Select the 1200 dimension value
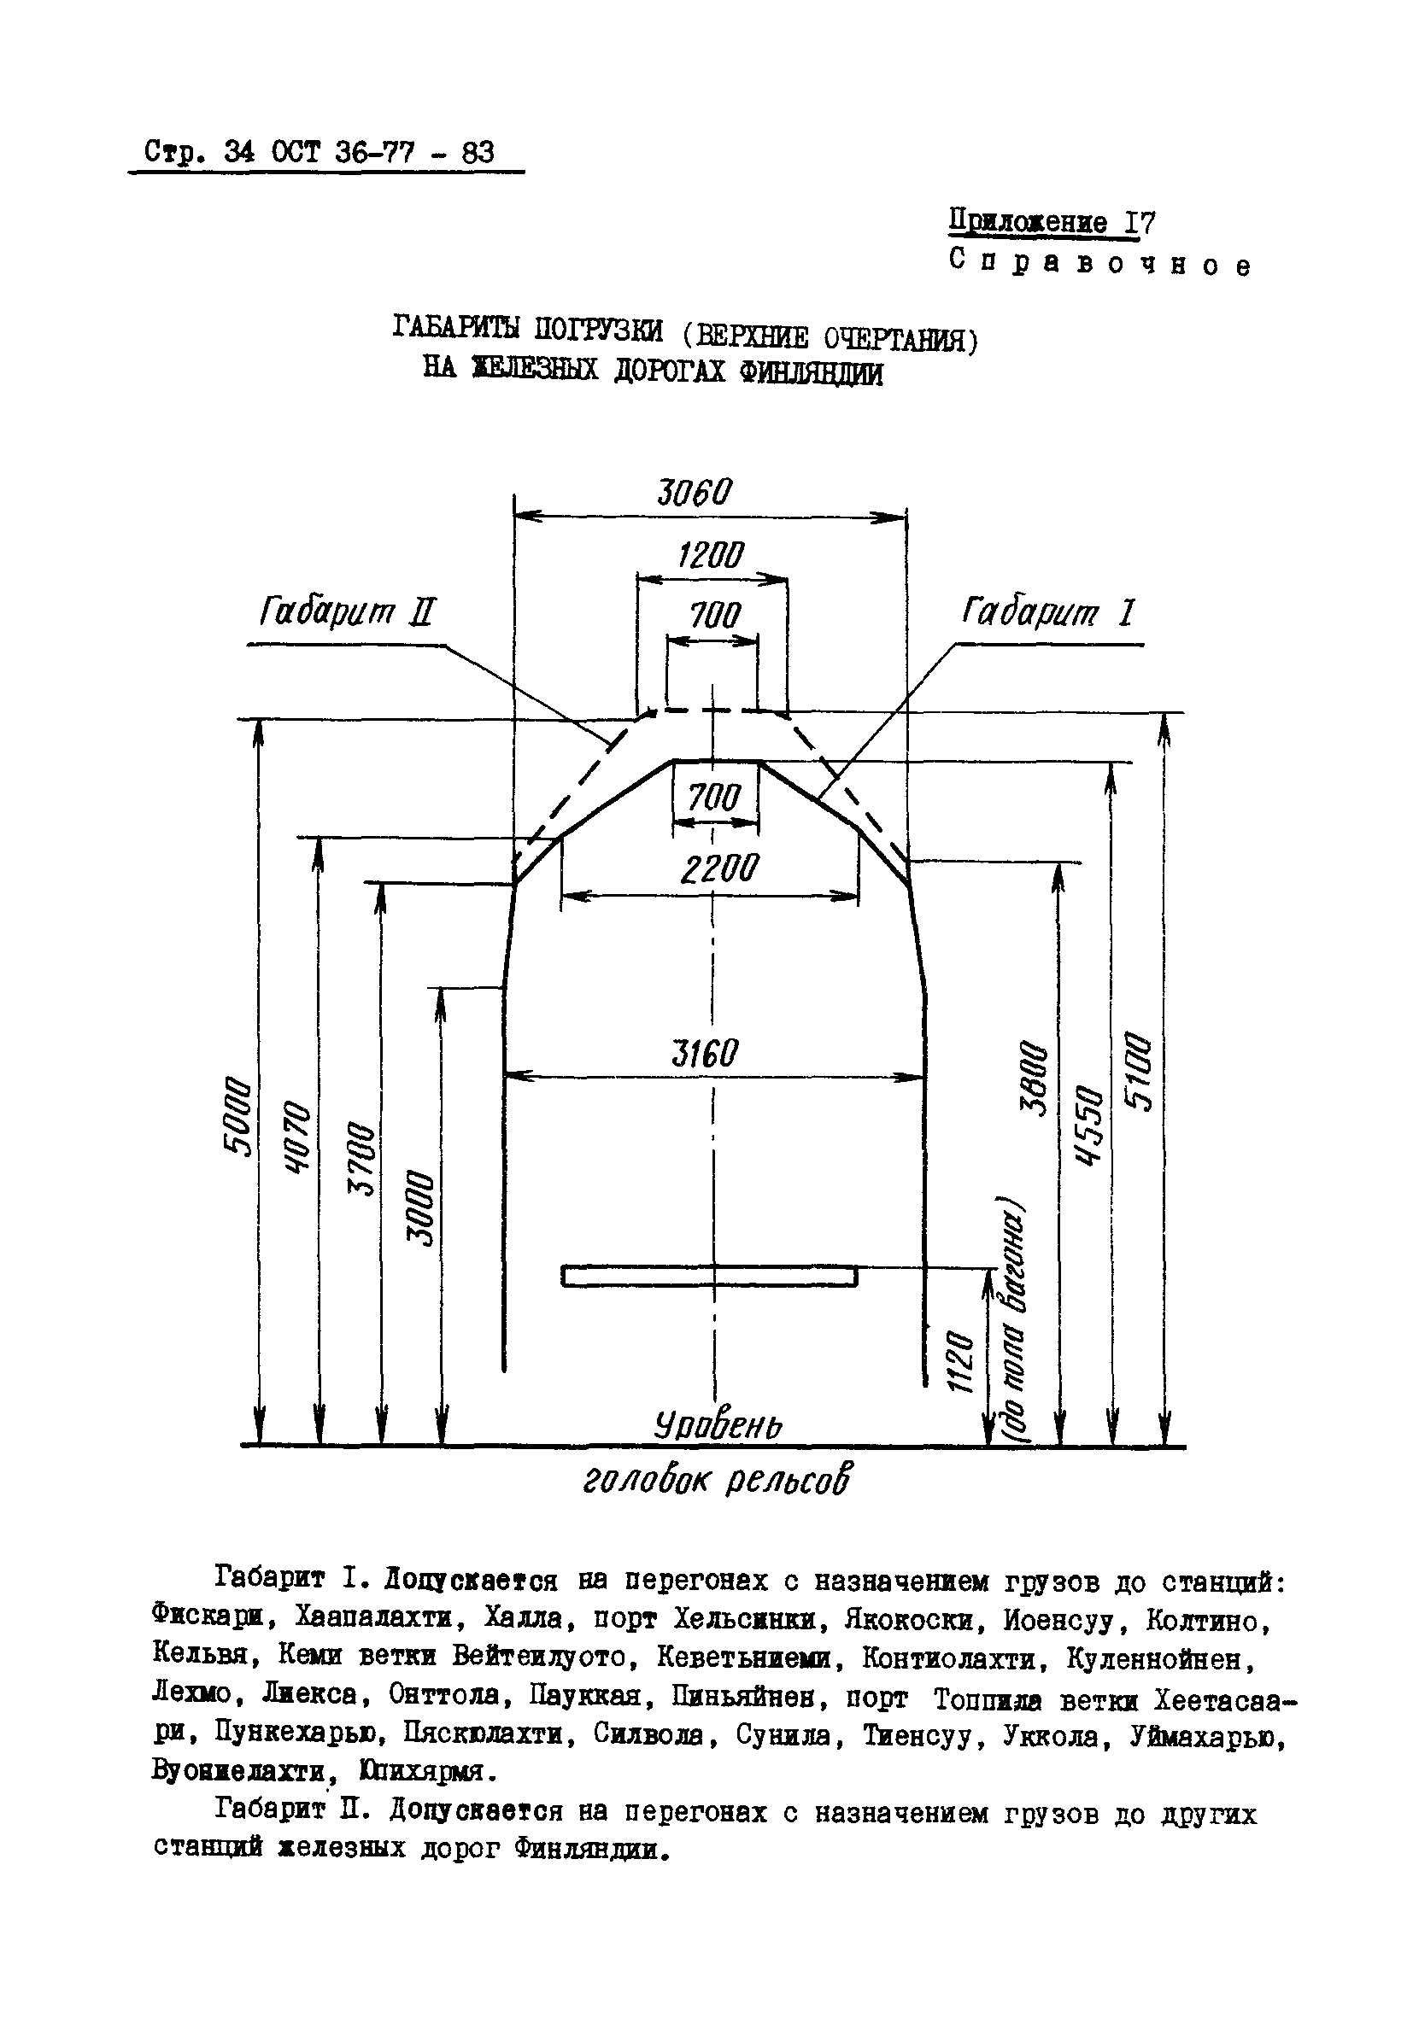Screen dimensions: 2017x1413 [710, 555]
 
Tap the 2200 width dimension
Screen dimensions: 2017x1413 [718, 869]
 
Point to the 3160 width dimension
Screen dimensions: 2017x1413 [705, 1052]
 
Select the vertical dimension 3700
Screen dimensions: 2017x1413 [361, 1158]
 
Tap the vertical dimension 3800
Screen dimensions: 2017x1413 [1035, 1078]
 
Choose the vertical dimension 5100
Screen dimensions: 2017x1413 [1139, 1072]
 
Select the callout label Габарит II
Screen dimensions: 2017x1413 [347, 611]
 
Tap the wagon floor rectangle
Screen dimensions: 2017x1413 [708, 1276]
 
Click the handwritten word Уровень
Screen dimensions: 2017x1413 [718, 1425]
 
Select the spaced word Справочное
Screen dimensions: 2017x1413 [1099, 263]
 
